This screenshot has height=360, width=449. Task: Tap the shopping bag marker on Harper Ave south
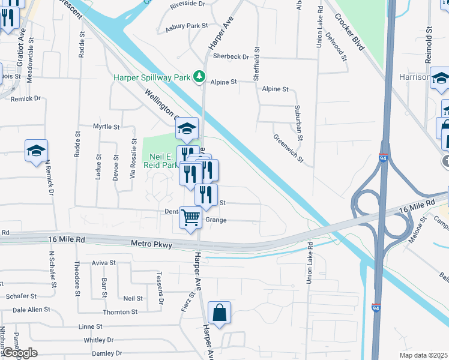pyautogui.click(x=219, y=313)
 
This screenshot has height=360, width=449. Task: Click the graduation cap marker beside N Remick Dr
pyautogui.click(x=36, y=151)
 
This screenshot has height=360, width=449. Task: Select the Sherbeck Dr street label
pyautogui.click(x=231, y=56)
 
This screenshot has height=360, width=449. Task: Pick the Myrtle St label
pyautogui.click(x=106, y=127)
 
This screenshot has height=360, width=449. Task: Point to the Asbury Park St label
pyautogui.click(x=187, y=26)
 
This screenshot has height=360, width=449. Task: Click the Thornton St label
pyautogui.click(x=120, y=312)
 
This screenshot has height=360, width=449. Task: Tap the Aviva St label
pyautogui.click(x=104, y=263)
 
